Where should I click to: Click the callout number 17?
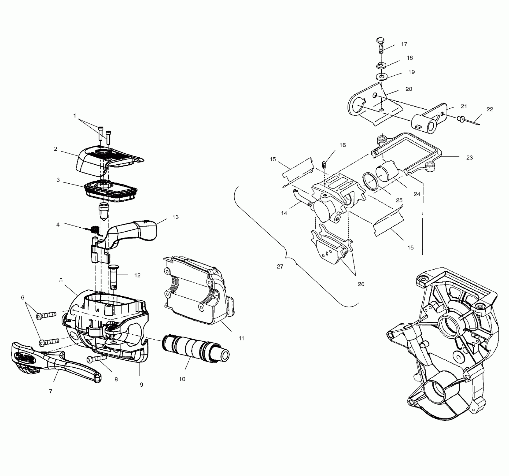tap(404, 44)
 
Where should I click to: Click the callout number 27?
tap(280, 267)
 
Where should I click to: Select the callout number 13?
tap(175, 217)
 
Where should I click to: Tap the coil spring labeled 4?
tap(94, 230)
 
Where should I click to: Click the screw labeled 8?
tap(97, 358)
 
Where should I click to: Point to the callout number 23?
tap(469, 158)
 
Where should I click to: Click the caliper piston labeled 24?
tap(387, 171)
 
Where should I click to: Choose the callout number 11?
tap(241, 338)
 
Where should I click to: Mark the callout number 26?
tap(361, 284)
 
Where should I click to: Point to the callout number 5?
tap(61, 280)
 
